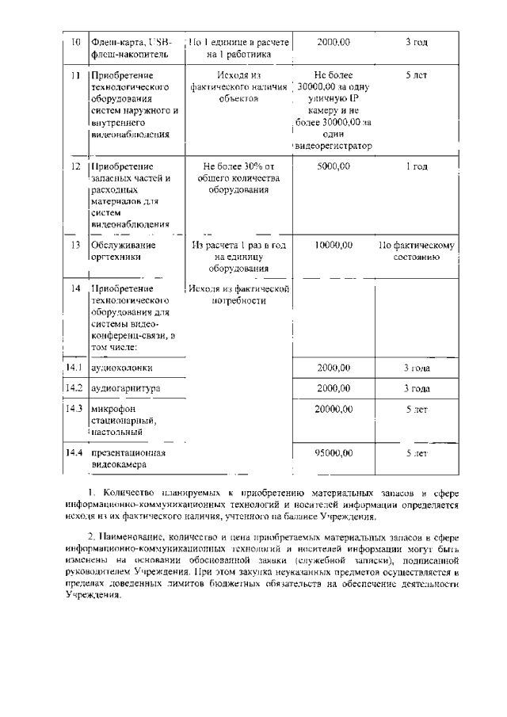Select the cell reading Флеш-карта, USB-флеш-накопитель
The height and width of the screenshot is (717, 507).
click(131, 48)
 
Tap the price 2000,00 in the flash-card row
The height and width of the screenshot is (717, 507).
click(333, 41)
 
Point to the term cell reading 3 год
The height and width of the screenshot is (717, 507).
click(416, 41)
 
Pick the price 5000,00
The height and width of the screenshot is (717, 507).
click(333, 167)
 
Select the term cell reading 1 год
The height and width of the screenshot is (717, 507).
click(416, 167)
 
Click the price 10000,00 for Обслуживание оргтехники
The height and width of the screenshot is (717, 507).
click(333, 246)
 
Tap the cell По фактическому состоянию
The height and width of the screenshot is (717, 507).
click(416, 252)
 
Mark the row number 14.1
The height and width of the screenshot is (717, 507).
click(74, 368)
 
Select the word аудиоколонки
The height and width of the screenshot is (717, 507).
click(122, 368)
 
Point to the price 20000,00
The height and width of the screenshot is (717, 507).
click(333, 409)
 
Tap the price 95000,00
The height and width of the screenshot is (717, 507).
click(333, 453)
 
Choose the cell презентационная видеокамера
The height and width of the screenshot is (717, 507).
click(128, 460)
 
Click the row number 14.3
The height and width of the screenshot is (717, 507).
click(74, 409)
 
